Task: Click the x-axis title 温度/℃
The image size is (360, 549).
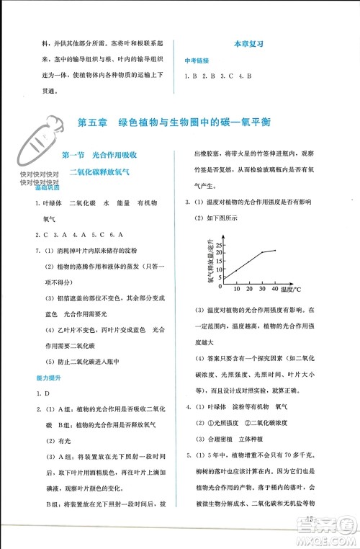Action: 294,288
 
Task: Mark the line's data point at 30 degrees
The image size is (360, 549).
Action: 261,253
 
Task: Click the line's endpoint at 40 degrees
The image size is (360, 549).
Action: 274,250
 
